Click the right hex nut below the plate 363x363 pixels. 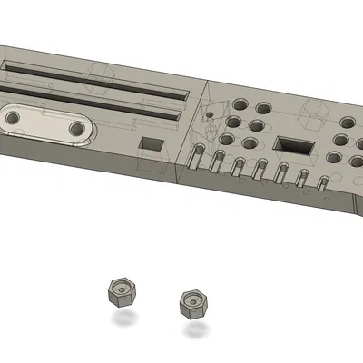[193, 302]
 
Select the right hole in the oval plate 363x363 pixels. [76, 129]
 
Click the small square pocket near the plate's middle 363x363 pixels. [152, 144]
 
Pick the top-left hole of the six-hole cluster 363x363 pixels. [241, 103]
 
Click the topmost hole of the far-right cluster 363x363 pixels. [348, 123]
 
